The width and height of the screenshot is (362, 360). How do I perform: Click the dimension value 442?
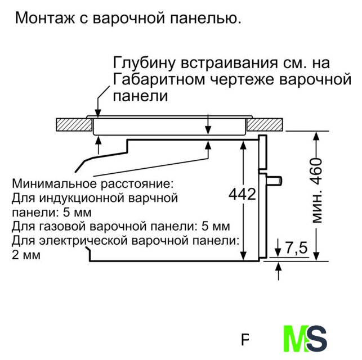tap(242, 194)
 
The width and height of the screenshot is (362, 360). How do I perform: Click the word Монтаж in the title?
tap(45, 18)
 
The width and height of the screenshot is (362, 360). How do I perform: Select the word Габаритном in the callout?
tap(159, 79)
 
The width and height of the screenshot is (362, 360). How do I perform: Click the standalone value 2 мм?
tap(26, 255)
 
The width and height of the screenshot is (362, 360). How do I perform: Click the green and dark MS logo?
tap(305, 339)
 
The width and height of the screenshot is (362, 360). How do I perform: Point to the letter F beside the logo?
tap(245, 340)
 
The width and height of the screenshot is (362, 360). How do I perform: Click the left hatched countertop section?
tap(74, 124)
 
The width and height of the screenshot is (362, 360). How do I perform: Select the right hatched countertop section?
tap(265, 124)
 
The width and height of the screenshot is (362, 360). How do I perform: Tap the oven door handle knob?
tap(275, 181)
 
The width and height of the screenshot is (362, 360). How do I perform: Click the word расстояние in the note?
tap(137, 183)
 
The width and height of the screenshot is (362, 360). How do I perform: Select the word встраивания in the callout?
tap(230, 63)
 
